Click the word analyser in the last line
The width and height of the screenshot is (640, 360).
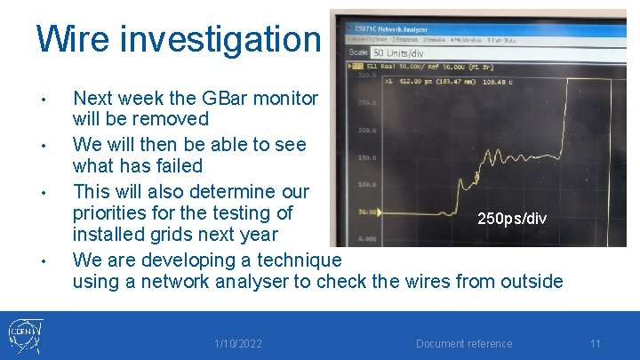tap(245, 282)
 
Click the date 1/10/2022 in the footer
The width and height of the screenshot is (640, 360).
tap(238, 344)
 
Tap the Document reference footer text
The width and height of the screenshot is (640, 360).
tap(464, 344)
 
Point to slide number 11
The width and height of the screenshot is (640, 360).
tap(596, 344)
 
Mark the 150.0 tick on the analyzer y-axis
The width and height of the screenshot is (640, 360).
tap(365, 157)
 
